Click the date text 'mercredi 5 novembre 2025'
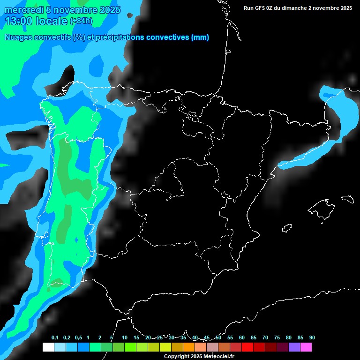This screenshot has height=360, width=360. click(x=62, y=10)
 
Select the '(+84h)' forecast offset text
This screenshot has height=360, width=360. click(x=81, y=21)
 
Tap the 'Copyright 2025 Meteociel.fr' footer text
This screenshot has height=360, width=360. click(x=199, y=357)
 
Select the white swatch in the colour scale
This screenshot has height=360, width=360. click(x=48, y=347)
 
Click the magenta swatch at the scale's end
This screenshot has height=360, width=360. click(x=306, y=347)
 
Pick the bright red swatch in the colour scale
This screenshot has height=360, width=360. click(x=247, y=347)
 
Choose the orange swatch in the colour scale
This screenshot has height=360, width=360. click(x=189, y=347)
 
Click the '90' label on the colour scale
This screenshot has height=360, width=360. click(x=312, y=337)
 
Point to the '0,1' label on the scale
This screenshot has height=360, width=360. click(x=55, y=337)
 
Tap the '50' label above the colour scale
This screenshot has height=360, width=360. click(x=218, y=337)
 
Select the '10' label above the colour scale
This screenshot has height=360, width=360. click(x=125, y=337)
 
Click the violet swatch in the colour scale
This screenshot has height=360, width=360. click(x=294, y=347)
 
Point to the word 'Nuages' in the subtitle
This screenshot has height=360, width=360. click(x=18, y=37)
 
